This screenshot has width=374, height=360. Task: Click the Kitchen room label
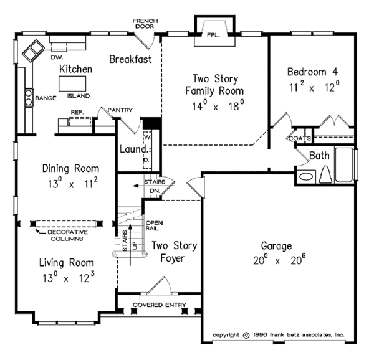(x=76, y=69)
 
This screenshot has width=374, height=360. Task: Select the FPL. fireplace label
(x=214, y=36)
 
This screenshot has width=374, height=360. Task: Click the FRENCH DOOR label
(x=146, y=24)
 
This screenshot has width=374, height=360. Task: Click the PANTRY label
(x=120, y=110)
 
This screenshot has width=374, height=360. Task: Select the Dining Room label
(x=70, y=168)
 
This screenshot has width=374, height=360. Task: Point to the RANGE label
(x=46, y=98)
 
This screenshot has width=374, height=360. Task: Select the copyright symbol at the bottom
(x=246, y=334)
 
